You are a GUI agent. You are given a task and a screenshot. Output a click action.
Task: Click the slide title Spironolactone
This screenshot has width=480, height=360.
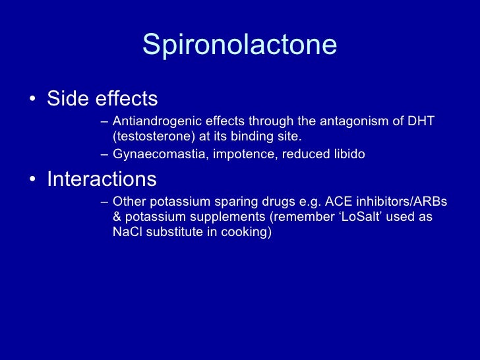click(239, 45)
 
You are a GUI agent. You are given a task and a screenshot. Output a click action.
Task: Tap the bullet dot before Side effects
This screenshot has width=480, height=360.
click(32, 100)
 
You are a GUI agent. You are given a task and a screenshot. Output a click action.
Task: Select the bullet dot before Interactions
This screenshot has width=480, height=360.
click(32, 180)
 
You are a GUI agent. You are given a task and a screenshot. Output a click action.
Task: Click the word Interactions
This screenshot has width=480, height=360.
click(102, 179)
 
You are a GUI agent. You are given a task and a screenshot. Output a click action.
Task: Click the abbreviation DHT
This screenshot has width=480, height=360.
click(421, 122)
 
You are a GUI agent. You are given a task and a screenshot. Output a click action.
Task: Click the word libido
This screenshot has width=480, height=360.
click(346, 154)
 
